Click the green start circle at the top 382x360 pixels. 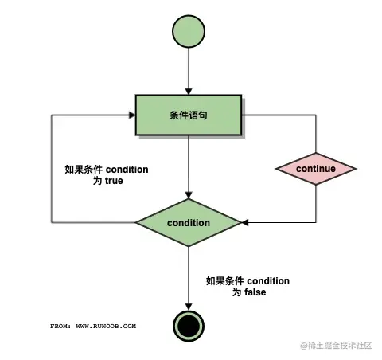click(x=189, y=32)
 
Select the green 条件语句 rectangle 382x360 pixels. click(x=189, y=115)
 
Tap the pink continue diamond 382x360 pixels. click(x=316, y=169)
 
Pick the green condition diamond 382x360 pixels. click(x=189, y=222)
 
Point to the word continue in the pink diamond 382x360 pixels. click(x=316, y=169)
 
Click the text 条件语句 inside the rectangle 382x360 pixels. click(x=189, y=115)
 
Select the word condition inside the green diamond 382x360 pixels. click(x=189, y=222)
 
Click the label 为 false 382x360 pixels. click(x=248, y=292)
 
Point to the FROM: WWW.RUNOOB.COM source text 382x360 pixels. click(x=93, y=326)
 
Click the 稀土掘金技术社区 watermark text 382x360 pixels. click(x=335, y=346)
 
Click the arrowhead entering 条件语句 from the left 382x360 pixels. click(x=131, y=115)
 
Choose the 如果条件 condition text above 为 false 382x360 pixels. click(x=248, y=280)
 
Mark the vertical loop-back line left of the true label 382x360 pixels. click(x=53, y=167)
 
